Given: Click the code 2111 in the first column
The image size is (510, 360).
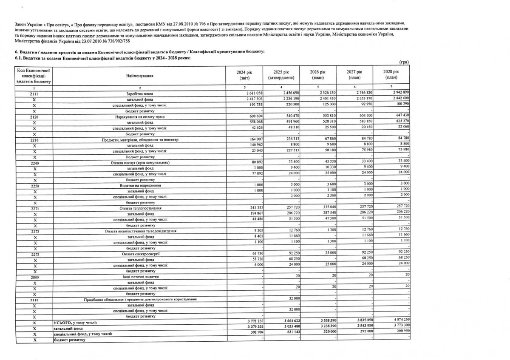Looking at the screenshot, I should pos(34,93).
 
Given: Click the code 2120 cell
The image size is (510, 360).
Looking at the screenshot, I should pos(34,116).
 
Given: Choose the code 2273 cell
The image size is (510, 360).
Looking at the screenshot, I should pos(34,254).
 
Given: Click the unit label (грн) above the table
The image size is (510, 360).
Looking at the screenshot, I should pos(402,62).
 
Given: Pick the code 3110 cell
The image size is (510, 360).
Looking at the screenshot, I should pos(34,300).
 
